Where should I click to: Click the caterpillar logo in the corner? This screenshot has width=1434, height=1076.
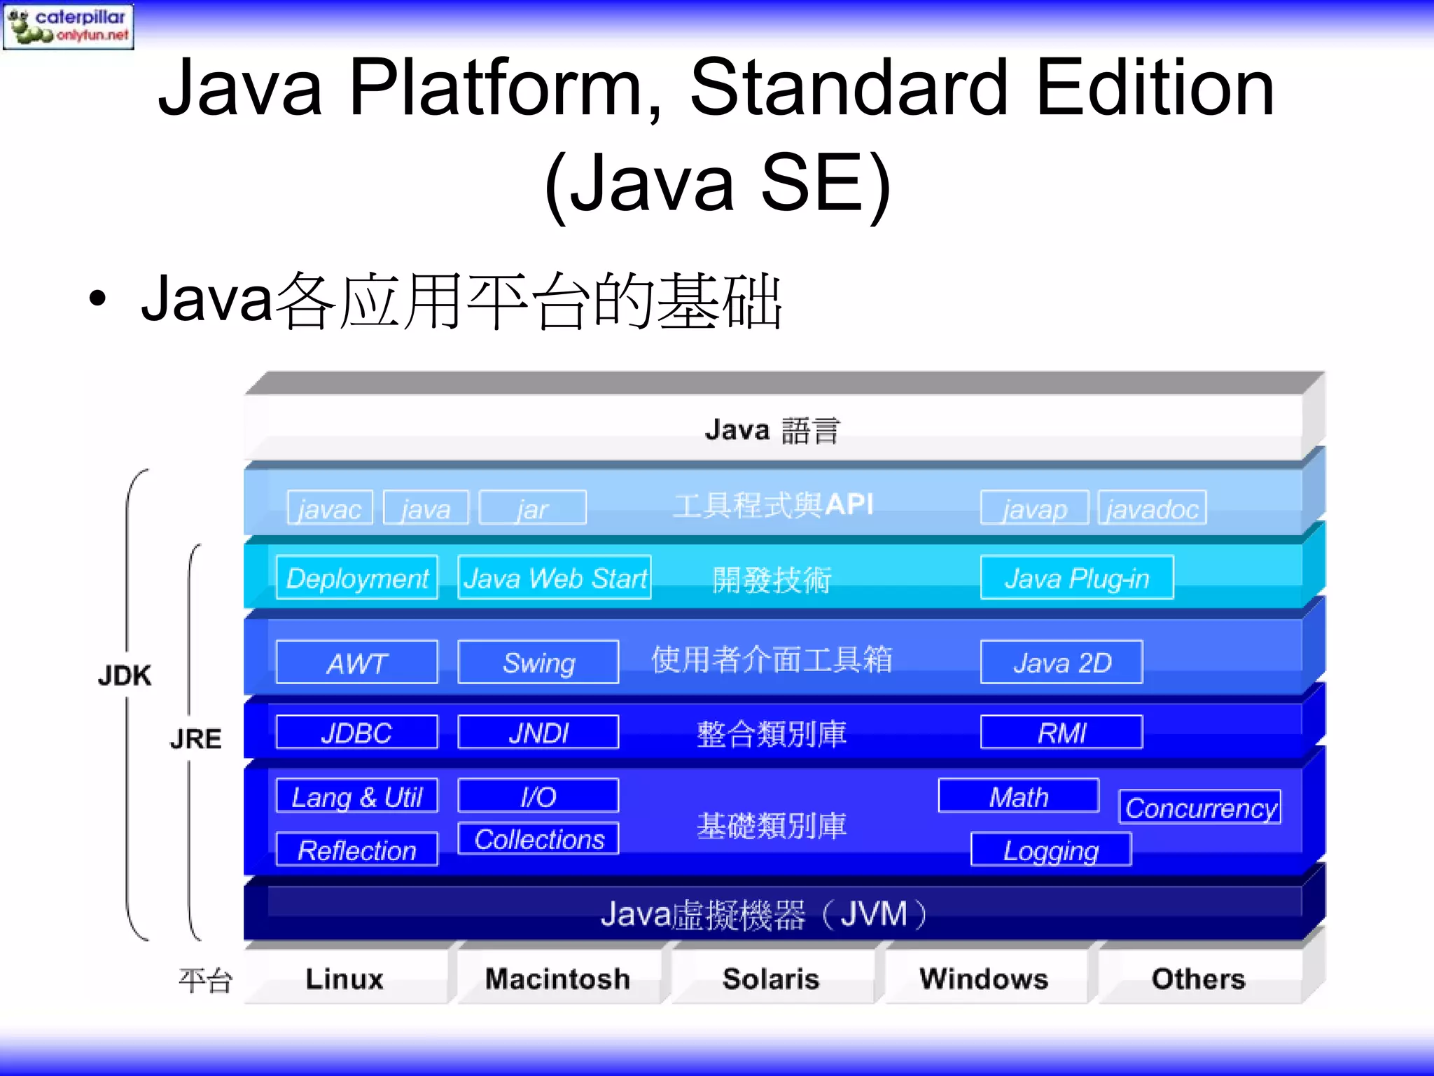pyautogui.click(x=68, y=26)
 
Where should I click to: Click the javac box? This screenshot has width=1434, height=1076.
pyautogui.click(x=330, y=508)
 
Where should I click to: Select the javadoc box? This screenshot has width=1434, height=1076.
pyautogui.click(x=1152, y=508)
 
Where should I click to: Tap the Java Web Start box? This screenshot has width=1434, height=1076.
pyautogui.click(x=555, y=578)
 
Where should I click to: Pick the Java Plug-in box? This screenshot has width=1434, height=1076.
pyautogui.click(x=1077, y=578)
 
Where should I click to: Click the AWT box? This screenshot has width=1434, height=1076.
pyautogui.click(x=357, y=662)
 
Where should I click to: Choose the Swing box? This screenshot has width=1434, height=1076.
pyautogui.click(x=538, y=662)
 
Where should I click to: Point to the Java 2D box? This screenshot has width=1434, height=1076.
pyautogui.click(x=1061, y=662)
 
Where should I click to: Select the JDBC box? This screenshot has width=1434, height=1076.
pyautogui.click(x=357, y=733)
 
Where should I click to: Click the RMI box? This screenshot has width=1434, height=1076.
pyautogui.click(x=1061, y=733)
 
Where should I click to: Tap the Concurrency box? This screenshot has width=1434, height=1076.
pyautogui.click(x=1200, y=808)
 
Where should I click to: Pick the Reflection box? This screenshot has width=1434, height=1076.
pyautogui.click(x=357, y=850)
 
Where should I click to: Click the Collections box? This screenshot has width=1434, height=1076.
pyautogui.click(x=538, y=839)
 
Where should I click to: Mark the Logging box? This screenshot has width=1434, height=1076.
pyautogui.click(x=1051, y=850)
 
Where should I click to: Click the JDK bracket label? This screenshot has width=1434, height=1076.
pyautogui.click(x=125, y=676)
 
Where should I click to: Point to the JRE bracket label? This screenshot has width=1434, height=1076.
pyautogui.click(x=195, y=739)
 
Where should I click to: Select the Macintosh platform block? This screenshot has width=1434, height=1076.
pyautogui.click(x=558, y=979)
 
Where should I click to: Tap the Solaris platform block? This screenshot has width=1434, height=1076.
pyautogui.click(x=771, y=979)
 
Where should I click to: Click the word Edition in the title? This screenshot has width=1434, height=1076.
pyautogui.click(x=1155, y=89)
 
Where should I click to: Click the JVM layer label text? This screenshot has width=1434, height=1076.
pyautogui.click(x=763, y=914)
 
